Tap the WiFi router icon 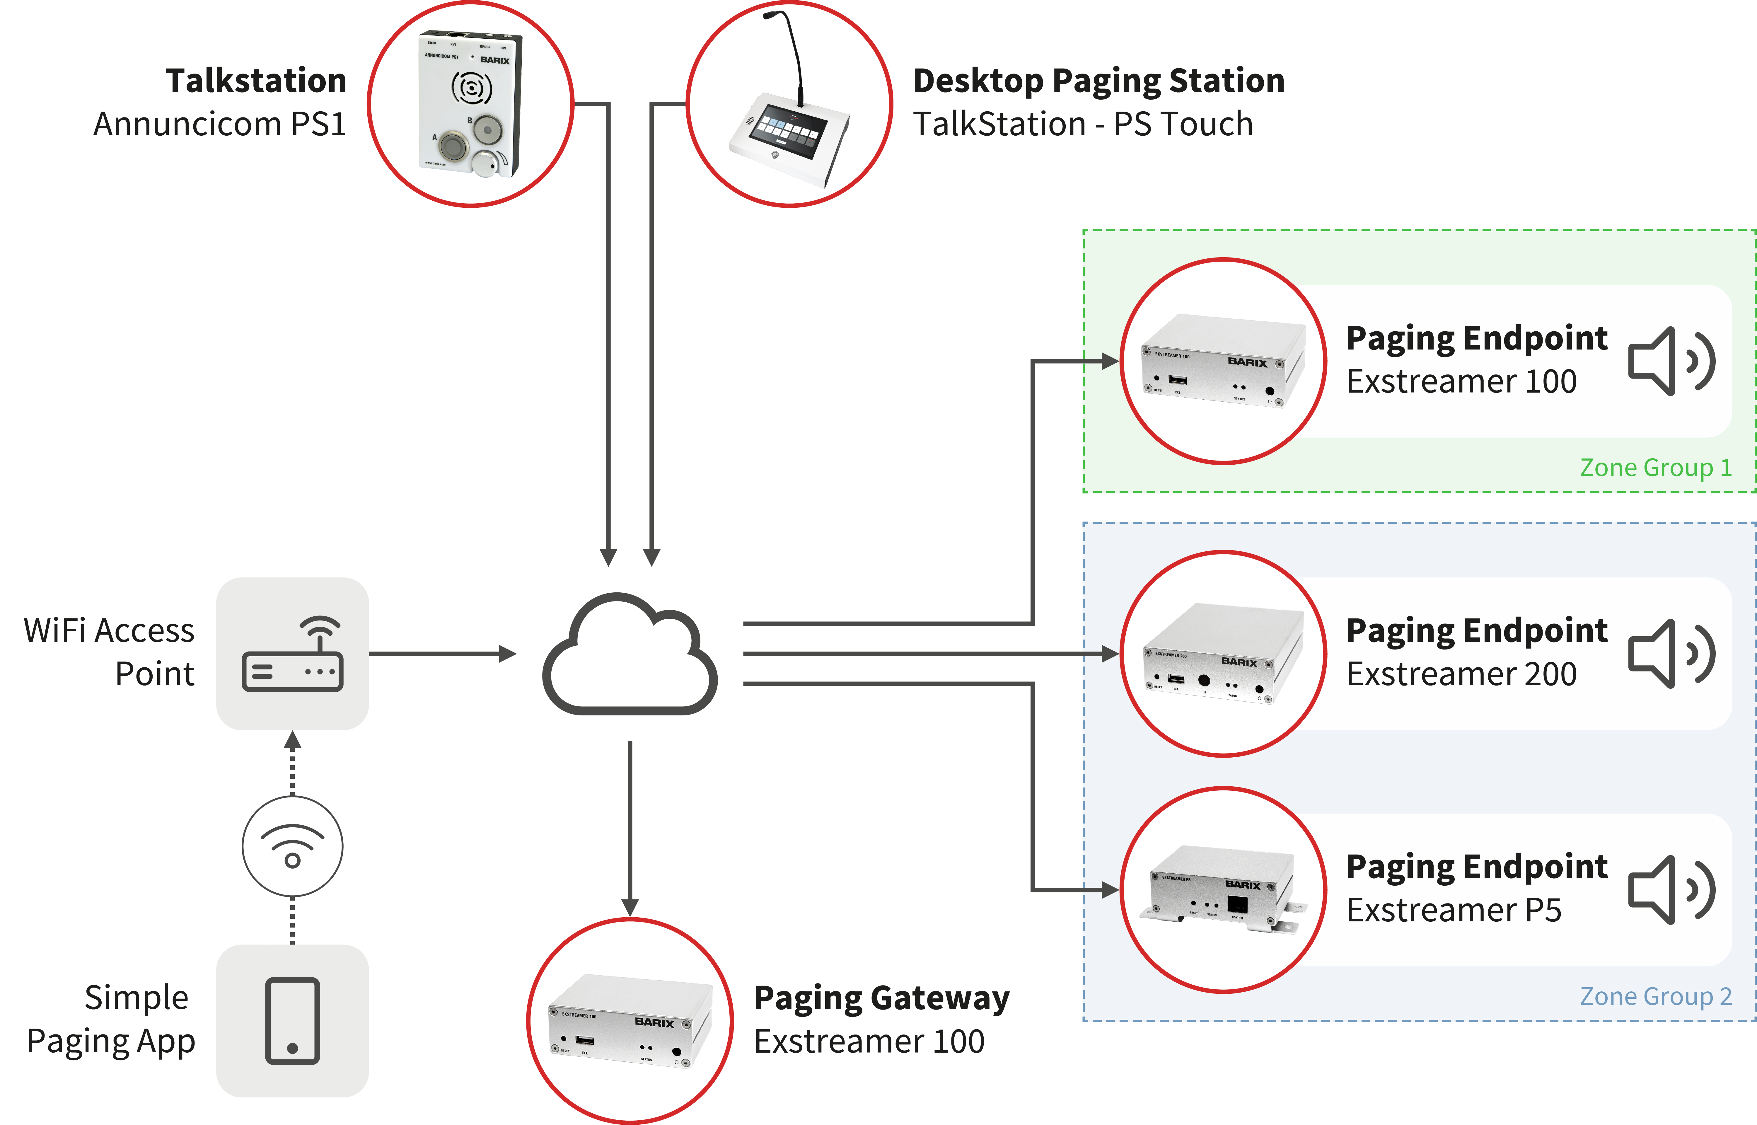click(292, 654)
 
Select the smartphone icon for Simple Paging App click(292, 1020)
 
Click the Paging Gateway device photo click(630, 1021)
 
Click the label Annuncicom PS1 click(219, 124)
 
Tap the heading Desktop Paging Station click(1098, 80)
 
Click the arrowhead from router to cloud click(508, 654)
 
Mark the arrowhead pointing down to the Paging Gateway click(630, 907)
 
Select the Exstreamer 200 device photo click(1223, 654)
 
